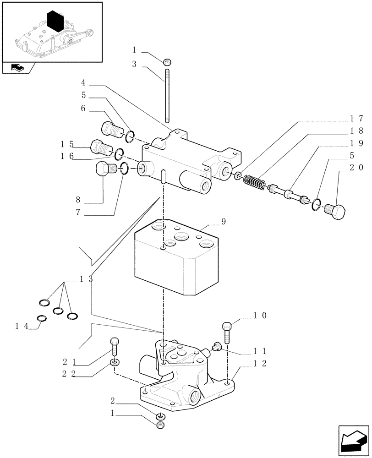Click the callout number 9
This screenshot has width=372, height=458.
[223, 222]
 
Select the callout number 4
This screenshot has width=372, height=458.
[83, 83]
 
